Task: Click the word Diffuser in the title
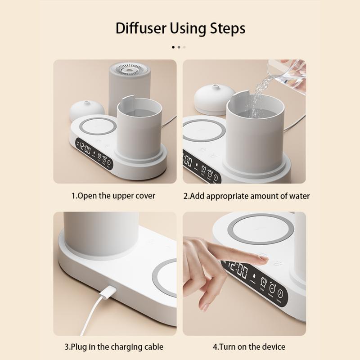[141, 28]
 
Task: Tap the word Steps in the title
[228, 29]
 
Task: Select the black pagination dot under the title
[173, 47]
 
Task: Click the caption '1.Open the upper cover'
[113, 196]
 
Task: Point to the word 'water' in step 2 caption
[299, 196]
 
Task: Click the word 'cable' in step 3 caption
[153, 346]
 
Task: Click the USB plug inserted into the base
[108, 292]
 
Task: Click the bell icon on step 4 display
[254, 276]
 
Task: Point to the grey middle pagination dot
[179, 47]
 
